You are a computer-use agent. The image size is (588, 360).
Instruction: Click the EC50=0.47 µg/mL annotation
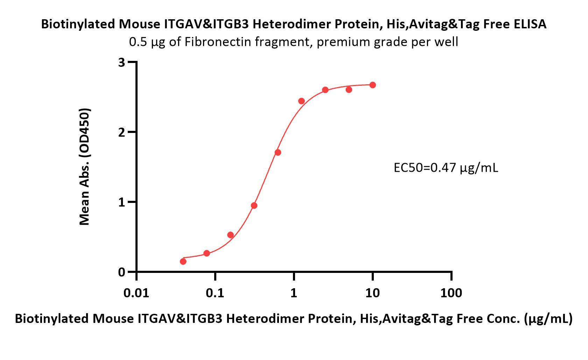tap(446, 168)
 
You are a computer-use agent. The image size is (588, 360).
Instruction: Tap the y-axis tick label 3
tap(122, 62)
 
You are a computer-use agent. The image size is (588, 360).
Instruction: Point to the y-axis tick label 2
tap(122, 132)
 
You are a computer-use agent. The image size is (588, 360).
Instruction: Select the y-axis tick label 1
tap(122, 202)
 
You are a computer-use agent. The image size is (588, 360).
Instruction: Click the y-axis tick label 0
tap(122, 272)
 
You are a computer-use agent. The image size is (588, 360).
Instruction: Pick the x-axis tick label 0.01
tap(136, 293)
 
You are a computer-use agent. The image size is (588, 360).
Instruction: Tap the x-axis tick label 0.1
tap(215, 293)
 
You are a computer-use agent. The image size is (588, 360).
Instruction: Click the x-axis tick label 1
tap(294, 293)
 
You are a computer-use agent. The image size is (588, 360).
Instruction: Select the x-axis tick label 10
tap(372, 293)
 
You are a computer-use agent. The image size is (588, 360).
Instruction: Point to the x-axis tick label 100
tap(451, 293)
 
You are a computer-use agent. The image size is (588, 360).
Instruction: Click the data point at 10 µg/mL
tap(372, 85)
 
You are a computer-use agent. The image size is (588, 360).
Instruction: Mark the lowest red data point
tap(183, 261)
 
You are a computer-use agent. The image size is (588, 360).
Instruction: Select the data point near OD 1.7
tap(278, 153)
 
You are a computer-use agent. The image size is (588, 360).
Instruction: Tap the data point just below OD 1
tap(254, 205)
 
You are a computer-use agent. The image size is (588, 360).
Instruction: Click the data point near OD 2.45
tap(301, 101)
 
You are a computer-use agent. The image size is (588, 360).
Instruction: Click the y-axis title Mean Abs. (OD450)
tap(85, 167)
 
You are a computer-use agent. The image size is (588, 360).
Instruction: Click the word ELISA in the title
tap(528, 24)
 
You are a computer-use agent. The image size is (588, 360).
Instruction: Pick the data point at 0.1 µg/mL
tap(206, 253)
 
